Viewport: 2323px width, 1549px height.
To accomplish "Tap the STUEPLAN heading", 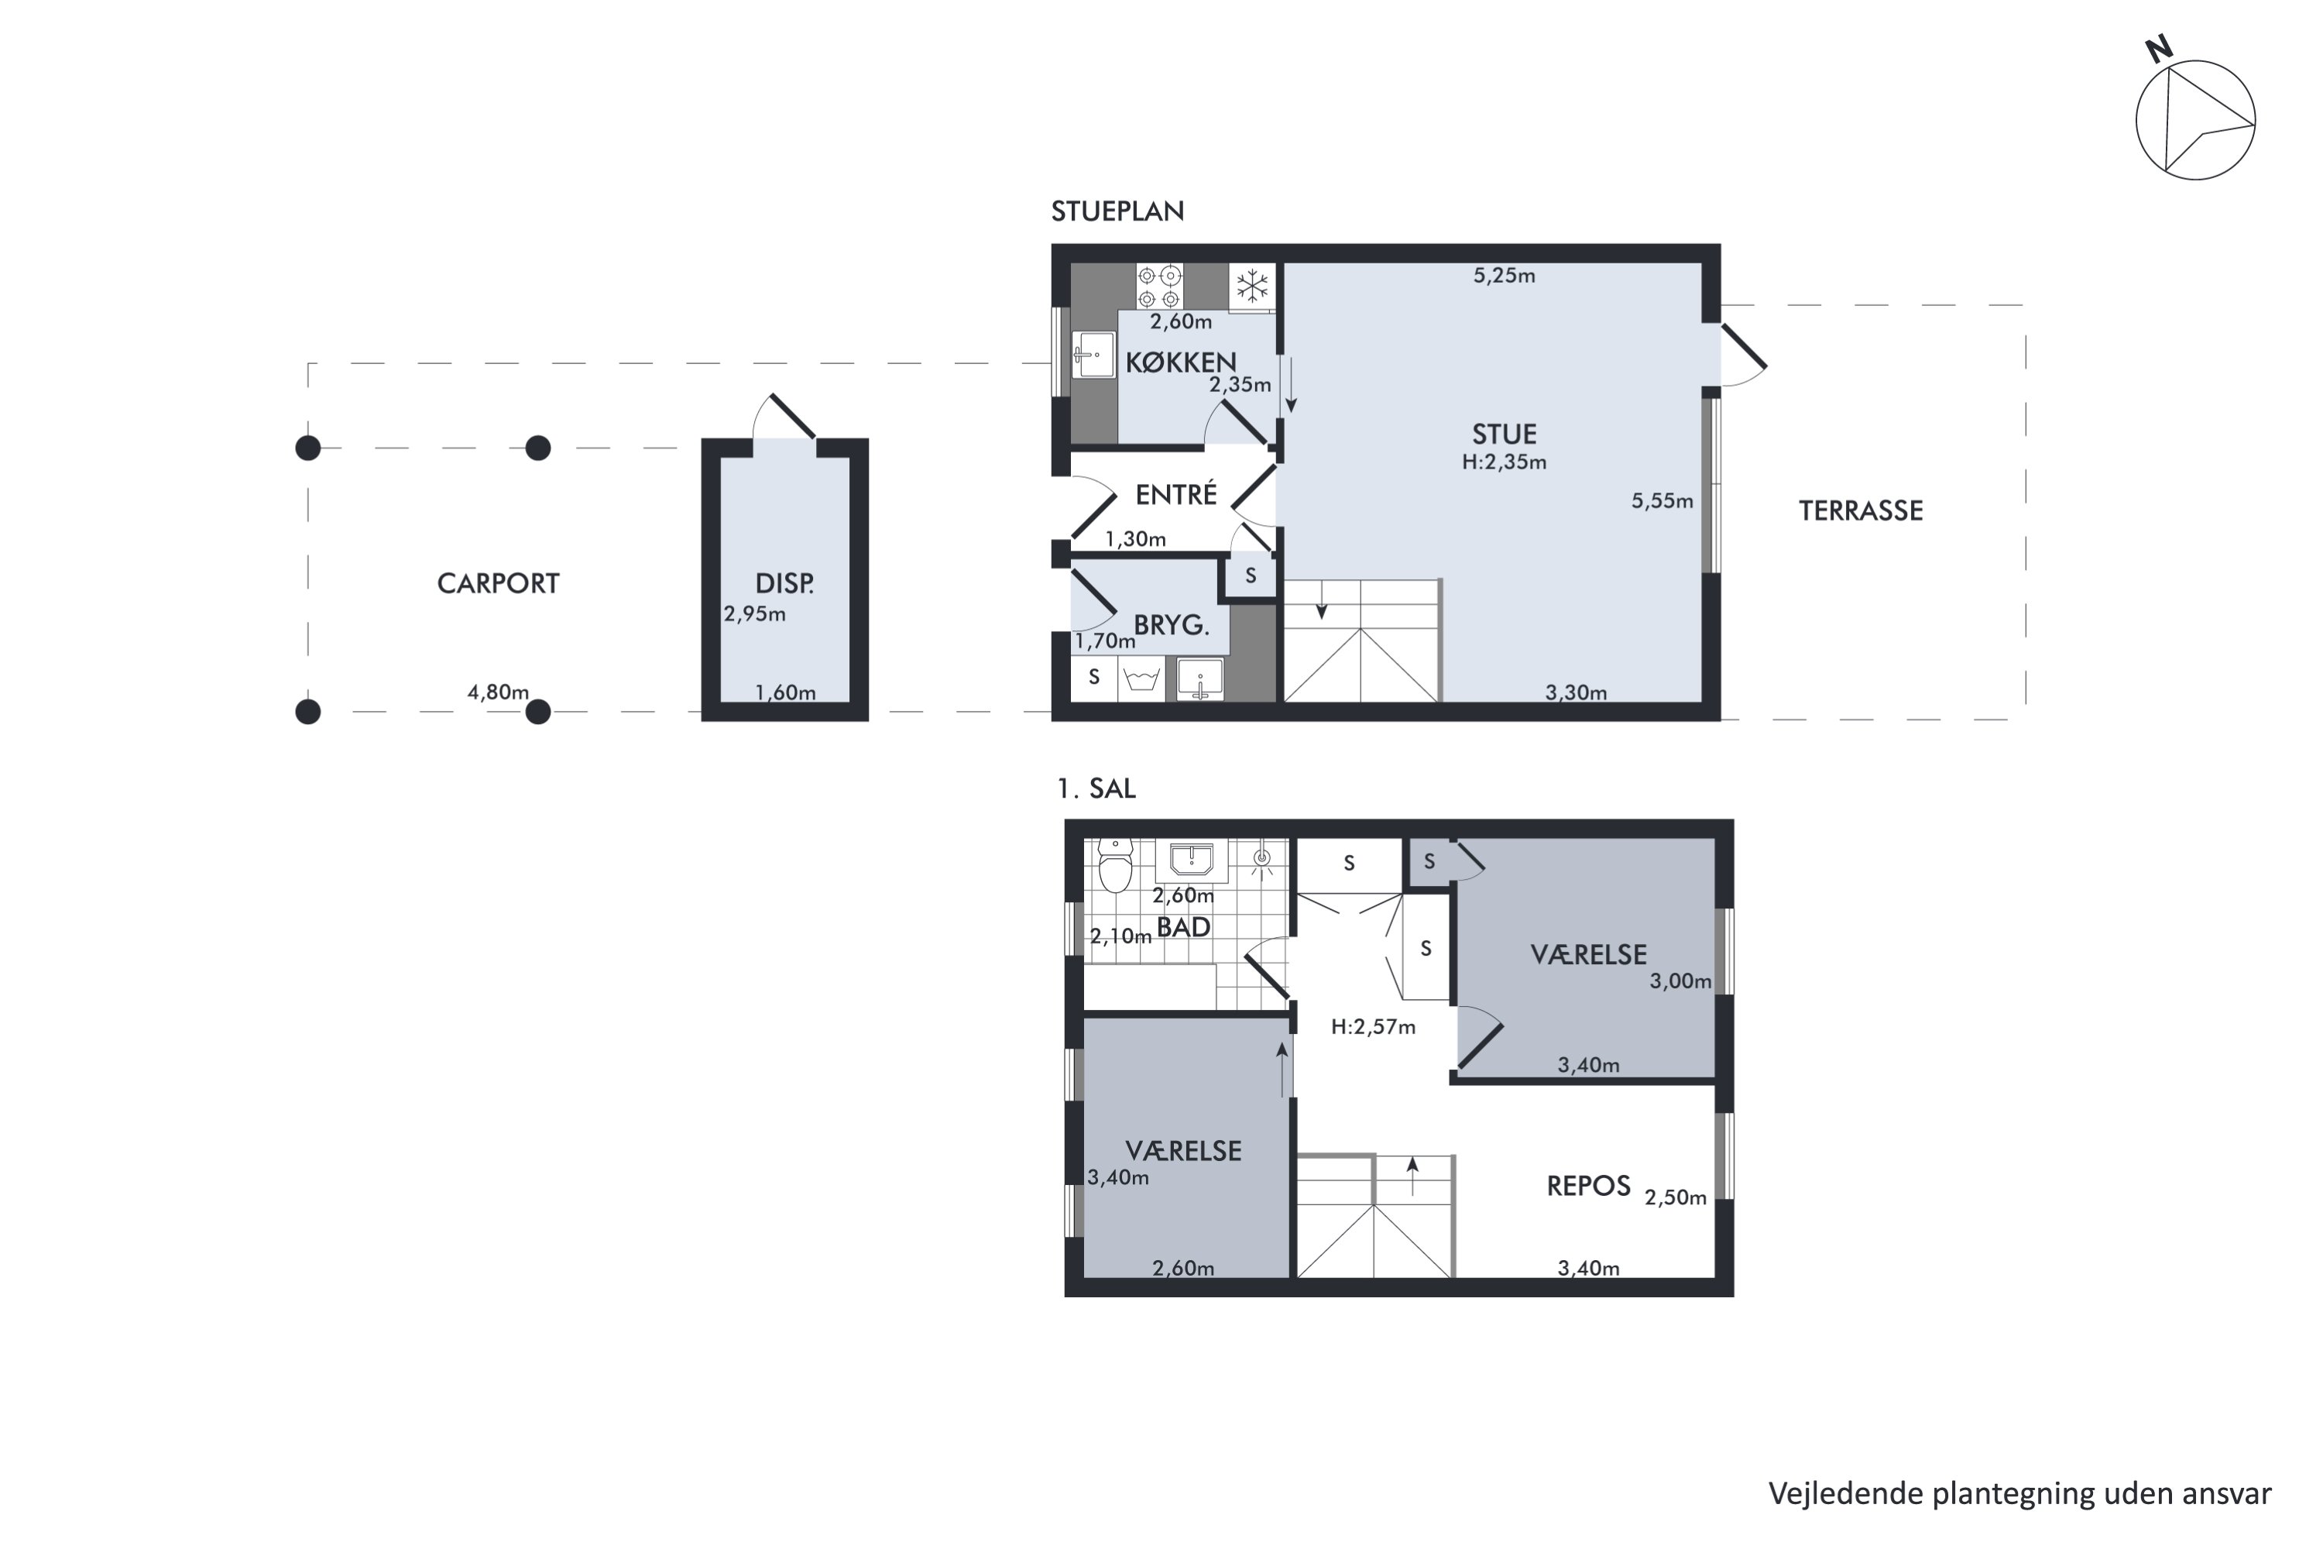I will click(x=1117, y=211).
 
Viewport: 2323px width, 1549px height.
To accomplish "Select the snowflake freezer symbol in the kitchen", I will click(x=1252, y=287).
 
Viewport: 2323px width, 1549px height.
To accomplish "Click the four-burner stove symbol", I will click(x=1158, y=287).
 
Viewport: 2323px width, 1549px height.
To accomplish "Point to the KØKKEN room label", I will click(x=1180, y=362).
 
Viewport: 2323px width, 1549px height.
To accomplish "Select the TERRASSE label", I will click(x=1860, y=510).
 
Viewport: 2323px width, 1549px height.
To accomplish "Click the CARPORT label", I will click(x=498, y=584).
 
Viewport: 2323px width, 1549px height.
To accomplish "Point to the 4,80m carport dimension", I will click(x=498, y=692).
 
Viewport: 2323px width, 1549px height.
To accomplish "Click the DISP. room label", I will click(x=784, y=583).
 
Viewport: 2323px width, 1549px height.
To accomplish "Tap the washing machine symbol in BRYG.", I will click(x=1141, y=680).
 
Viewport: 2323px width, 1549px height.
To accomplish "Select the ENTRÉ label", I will click(x=1175, y=495).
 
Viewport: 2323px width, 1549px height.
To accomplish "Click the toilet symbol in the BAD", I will click(x=1115, y=867).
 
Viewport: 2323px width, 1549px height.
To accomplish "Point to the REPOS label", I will click(x=1587, y=1187).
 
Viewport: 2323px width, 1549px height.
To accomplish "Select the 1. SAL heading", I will click(x=1096, y=788).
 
